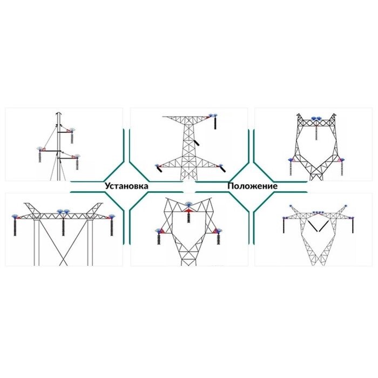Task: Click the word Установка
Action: tap(127, 186)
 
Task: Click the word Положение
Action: tap(252, 186)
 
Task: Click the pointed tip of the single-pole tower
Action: tap(59, 113)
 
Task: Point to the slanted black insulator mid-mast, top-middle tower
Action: tap(198, 143)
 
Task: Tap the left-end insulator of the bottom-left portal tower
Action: tap(15, 226)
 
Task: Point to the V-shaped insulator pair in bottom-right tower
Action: tap(318, 225)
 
